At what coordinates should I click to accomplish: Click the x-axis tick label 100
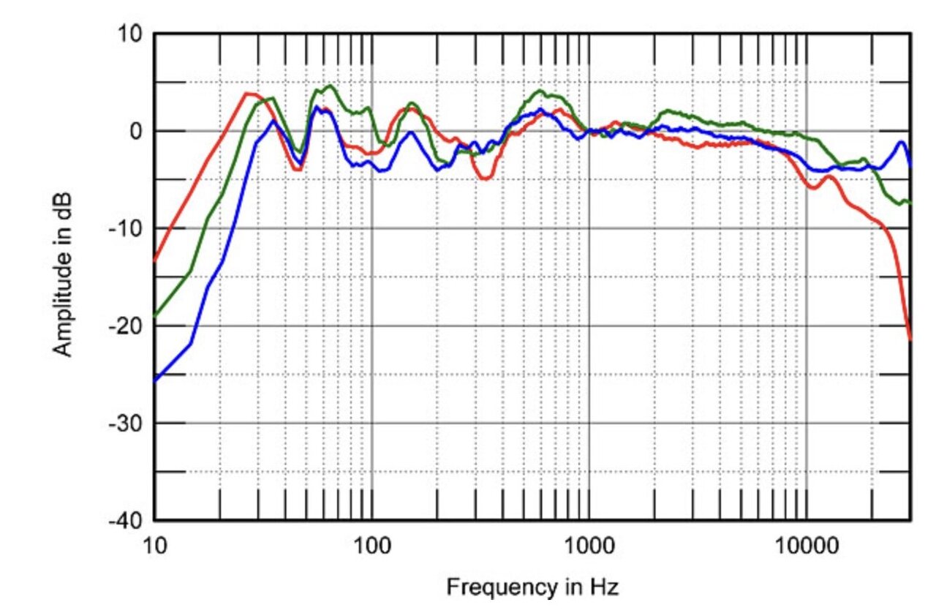[371, 546]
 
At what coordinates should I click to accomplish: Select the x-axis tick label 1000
[589, 546]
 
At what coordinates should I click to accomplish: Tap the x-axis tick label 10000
[806, 546]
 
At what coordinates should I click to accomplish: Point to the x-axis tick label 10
[155, 546]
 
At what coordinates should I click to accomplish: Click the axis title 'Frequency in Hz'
[532, 587]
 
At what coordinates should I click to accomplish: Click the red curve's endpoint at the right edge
[910, 339]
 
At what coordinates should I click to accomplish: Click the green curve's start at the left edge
[155, 316]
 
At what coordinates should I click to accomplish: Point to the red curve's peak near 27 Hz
[249, 94]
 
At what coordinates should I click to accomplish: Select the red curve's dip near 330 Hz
[486, 178]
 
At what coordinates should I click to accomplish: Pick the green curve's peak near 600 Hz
[540, 91]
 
